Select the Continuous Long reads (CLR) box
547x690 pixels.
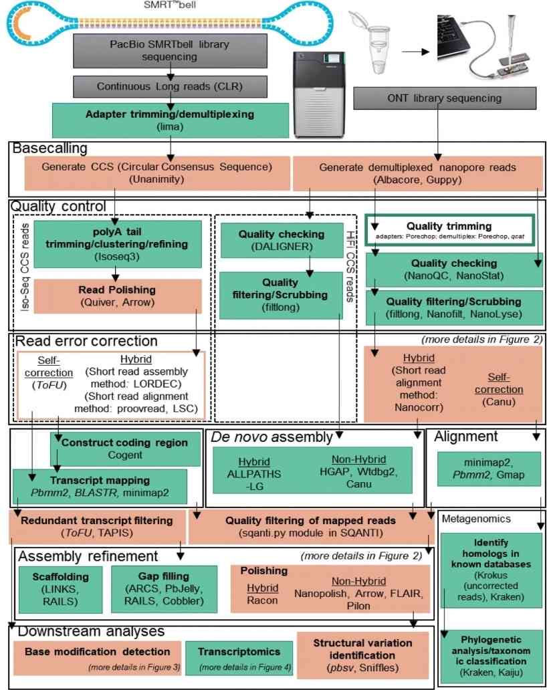[x=170, y=86]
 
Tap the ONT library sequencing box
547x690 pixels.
[x=444, y=98]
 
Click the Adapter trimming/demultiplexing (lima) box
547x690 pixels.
[x=170, y=120]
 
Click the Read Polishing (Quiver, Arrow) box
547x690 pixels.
[x=117, y=296]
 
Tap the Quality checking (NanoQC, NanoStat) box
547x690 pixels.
[x=454, y=269]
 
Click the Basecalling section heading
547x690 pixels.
[x=50, y=148]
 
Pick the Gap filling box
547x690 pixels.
[x=164, y=588]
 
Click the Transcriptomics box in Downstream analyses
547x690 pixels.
[x=239, y=657]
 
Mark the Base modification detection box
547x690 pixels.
[x=97, y=657]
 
